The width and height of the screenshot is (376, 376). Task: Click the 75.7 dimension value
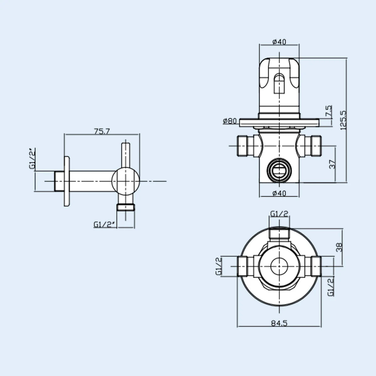click(x=102, y=132)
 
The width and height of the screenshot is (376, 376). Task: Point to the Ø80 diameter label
click(x=230, y=121)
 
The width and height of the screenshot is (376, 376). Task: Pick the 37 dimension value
click(x=333, y=164)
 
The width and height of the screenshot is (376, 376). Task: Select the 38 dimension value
click(x=339, y=248)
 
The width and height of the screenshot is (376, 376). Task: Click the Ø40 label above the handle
click(x=279, y=42)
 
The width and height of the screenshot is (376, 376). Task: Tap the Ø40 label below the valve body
click(x=279, y=193)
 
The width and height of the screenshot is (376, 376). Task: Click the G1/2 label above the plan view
click(x=279, y=214)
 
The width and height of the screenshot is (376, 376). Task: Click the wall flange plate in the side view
click(x=67, y=181)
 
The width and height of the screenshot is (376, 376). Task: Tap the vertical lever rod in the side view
click(x=126, y=155)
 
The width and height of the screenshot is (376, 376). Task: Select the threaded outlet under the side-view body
click(x=126, y=207)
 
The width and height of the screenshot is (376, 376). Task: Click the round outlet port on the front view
click(x=279, y=170)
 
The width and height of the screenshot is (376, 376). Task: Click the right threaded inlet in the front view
click(x=312, y=146)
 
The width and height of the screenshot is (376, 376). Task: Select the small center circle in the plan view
click(x=279, y=266)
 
